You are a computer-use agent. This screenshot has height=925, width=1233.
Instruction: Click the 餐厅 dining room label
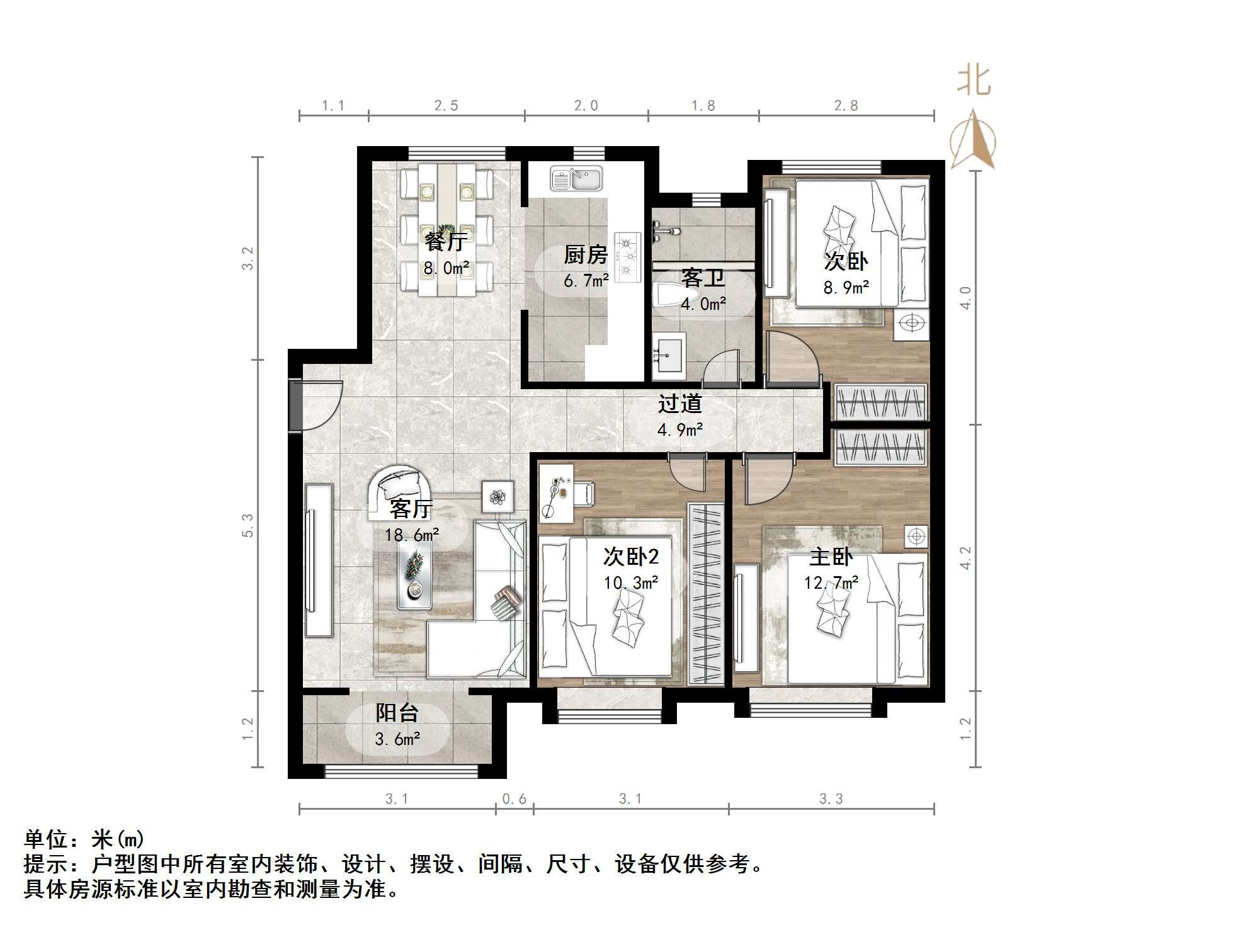point(445,241)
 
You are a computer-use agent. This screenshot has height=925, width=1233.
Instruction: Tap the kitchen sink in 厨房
point(576,179)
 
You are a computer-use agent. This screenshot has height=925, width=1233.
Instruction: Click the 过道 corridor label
point(679,404)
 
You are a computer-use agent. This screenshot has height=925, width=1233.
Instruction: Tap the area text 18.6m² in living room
point(412,535)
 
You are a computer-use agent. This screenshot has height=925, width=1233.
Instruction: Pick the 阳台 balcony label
point(397,713)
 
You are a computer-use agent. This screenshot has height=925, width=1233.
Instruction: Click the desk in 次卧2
point(556,494)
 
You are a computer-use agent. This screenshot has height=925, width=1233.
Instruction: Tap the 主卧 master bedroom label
point(831,557)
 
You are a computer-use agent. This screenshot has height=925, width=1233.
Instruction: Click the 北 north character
point(974,82)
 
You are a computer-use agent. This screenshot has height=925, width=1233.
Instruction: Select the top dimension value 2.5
point(446,106)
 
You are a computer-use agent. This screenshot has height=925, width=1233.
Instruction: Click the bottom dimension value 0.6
point(514,799)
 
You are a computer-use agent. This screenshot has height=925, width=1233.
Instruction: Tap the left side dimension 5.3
point(247,525)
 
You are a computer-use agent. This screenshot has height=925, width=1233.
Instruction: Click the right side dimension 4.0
point(965,297)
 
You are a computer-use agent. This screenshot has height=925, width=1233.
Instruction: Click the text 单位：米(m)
point(84,839)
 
